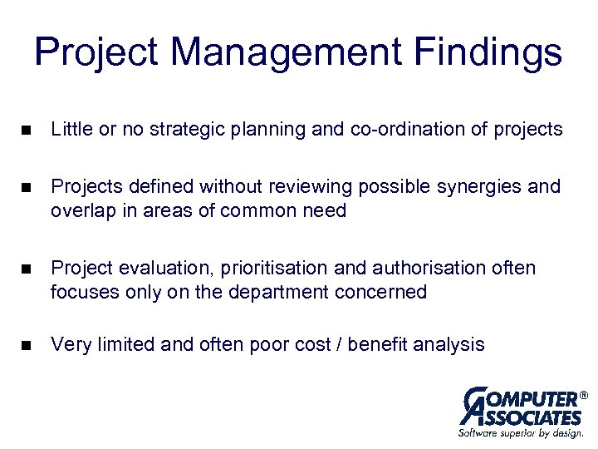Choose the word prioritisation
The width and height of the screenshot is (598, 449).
[257, 269]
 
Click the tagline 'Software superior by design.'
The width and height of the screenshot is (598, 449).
[520, 433]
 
